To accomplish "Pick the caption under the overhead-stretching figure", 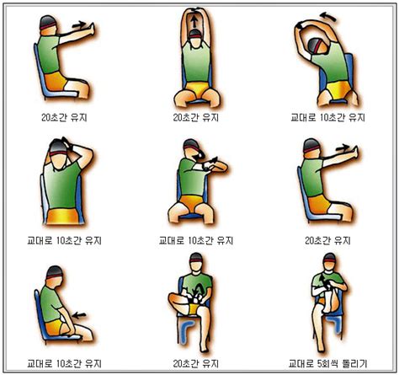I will coord(196,118).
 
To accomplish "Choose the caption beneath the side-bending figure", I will coord(327,118).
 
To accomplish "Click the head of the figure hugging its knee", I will coord(327,268).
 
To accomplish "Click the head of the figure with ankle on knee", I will coord(196,268).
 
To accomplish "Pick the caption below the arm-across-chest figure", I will coord(196,240).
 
